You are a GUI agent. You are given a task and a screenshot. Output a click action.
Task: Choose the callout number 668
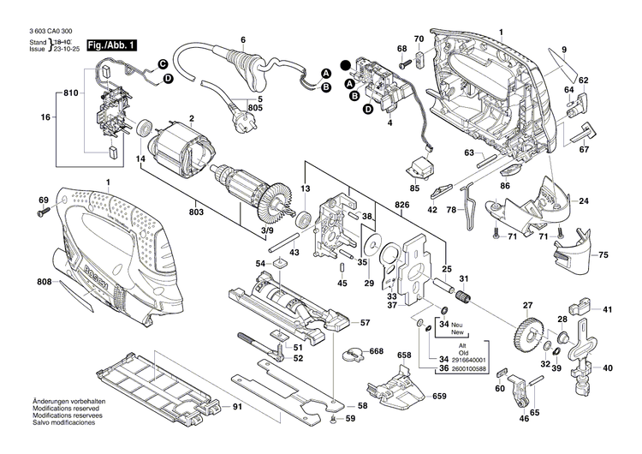click(377, 352)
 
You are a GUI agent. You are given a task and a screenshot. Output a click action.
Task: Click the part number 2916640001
click(467, 360)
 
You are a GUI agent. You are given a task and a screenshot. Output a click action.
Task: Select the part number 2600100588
click(467, 369)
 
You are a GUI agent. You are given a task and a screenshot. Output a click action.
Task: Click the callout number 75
click(602, 255)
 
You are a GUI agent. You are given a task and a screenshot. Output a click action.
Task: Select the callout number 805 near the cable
click(254, 107)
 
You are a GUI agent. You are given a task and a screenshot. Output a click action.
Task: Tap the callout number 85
click(414, 188)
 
